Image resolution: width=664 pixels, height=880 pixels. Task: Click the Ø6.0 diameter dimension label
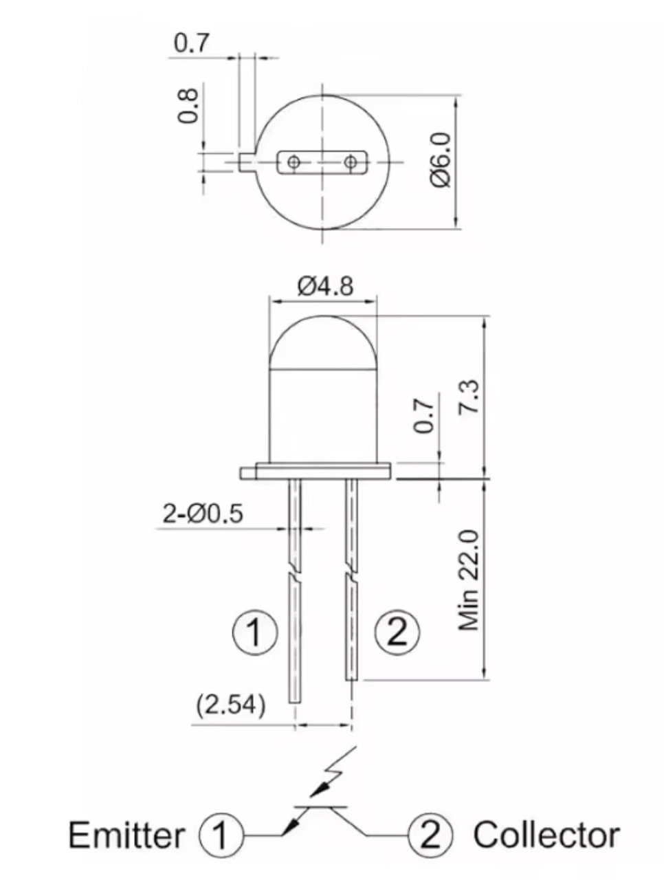441,160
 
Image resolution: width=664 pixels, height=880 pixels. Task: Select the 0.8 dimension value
188,104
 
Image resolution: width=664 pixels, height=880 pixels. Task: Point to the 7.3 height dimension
472,398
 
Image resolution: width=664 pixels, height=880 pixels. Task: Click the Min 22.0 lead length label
470,580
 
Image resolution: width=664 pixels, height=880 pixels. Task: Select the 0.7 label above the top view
190,43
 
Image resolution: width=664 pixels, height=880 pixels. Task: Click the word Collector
546,835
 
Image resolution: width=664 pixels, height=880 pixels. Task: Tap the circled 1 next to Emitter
221,836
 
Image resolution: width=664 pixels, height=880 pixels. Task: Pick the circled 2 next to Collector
430,835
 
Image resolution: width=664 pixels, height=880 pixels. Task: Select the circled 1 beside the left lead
254,632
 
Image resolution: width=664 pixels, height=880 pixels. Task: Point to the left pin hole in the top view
294,162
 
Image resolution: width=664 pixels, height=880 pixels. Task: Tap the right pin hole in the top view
351,162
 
